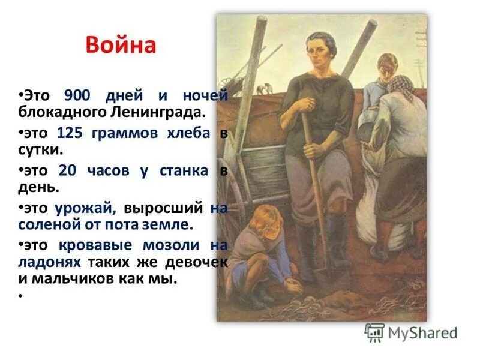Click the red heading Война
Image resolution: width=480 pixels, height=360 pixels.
[121, 46]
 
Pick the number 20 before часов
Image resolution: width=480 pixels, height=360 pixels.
[68, 170]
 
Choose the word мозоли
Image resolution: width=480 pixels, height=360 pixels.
[170, 246]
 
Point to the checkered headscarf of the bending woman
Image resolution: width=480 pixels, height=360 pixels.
[400, 88]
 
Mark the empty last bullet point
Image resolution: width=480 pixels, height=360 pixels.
[20, 296]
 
